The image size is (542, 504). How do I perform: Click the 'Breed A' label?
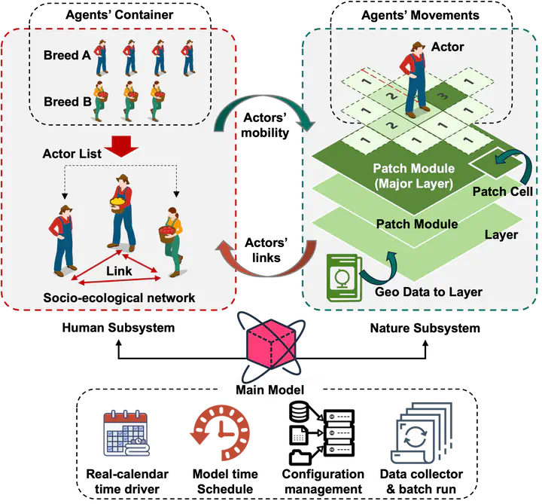(x=66, y=56)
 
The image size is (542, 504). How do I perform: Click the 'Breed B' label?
(x=66, y=102)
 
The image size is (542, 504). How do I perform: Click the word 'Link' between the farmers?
(x=119, y=270)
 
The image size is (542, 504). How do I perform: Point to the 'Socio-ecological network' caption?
(x=120, y=298)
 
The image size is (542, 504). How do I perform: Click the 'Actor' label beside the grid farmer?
(x=448, y=47)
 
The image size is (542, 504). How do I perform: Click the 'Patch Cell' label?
(x=502, y=191)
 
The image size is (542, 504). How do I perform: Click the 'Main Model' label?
(x=269, y=389)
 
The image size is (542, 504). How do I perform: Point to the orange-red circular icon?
(x=220, y=435)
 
